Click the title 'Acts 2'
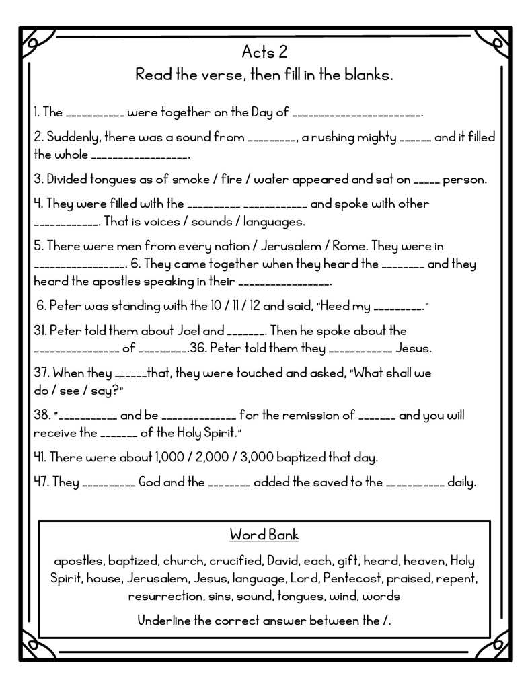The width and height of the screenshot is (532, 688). coord(264,52)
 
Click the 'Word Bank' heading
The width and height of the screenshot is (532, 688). coord(264,535)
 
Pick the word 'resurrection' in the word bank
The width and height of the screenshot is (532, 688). coord(162,596)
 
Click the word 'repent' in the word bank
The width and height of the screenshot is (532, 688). coord(457,578)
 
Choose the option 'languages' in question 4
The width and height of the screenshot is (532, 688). coord(274,221)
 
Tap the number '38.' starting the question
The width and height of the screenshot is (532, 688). coord(42,416)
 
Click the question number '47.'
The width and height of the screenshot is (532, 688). coord(42,482)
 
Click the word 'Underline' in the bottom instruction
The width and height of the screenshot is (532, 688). coord(164,621)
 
